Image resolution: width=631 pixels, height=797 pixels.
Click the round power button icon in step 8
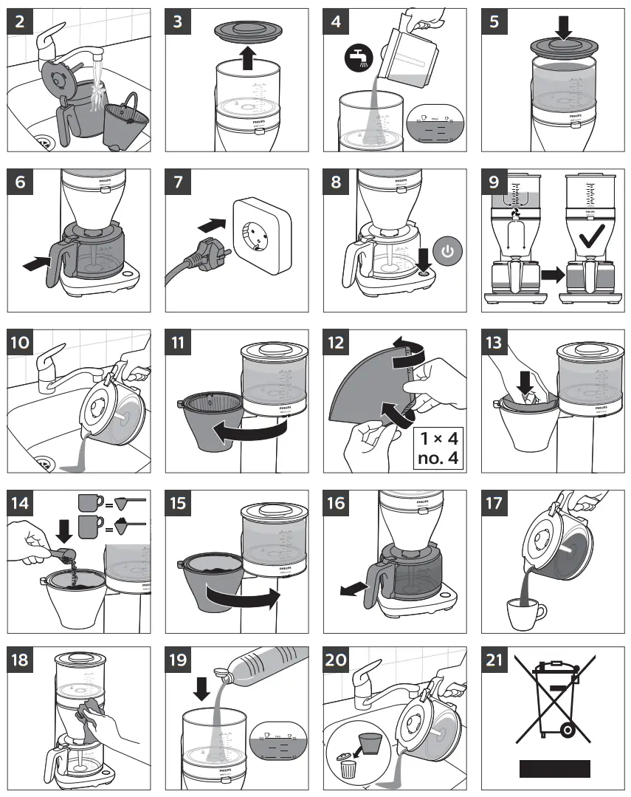[x=446, y=252]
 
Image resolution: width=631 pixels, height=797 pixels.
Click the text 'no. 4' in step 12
[x=438, y=458]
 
